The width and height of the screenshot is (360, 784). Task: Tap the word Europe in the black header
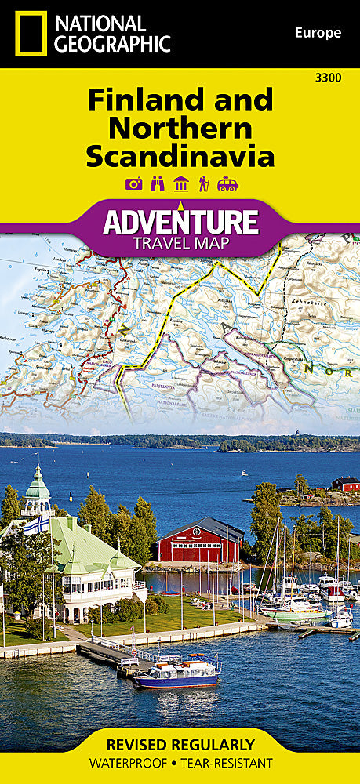pos(318,33)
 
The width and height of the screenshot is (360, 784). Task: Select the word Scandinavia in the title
pos(180,155)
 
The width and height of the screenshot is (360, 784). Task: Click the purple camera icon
pos(134,184)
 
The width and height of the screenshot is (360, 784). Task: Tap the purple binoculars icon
pos(158,184)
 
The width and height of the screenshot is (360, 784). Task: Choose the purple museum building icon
pos(181,184)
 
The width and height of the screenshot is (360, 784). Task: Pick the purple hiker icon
pos(204,184)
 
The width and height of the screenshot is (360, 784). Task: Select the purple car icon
pos(227,184)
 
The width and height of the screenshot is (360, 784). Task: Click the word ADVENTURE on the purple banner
pos(180,222)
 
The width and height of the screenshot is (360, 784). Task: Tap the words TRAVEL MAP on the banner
pos(180,243)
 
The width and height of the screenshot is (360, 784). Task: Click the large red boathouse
pos(201,540)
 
